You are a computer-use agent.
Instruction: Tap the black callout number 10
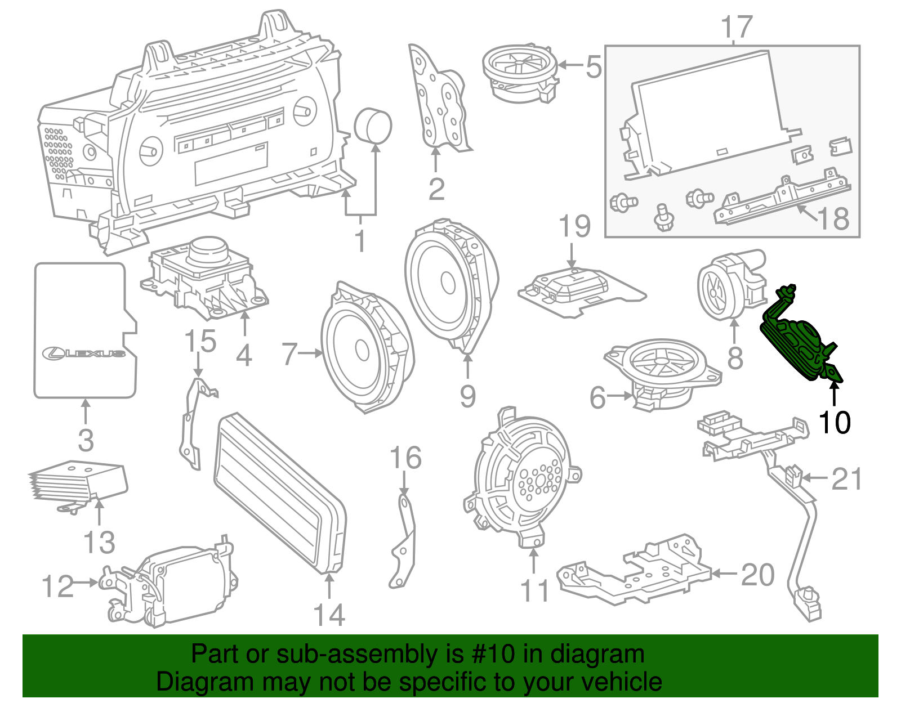click(834, 422)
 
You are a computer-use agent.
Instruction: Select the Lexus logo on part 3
click(84, 353)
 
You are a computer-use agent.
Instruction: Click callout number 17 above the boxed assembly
click(737, 27)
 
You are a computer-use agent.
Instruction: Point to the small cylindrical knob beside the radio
click(373, 125)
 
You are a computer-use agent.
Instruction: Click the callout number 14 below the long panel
click(329, 615)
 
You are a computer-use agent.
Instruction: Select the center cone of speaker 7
click(362, 351)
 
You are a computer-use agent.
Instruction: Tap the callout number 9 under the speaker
click(467, 396)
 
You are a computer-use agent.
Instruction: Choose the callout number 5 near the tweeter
click(594, 67)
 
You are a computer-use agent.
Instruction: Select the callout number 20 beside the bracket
click(757, 575)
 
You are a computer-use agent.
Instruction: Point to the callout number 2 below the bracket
click(436, 189)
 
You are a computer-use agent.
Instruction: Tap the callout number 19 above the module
click(574, 226)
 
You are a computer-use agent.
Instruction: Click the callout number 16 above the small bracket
click(405, 458)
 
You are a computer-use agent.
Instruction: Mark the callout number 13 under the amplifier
click(99, 543)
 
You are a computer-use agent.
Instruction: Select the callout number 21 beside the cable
click(846, 479)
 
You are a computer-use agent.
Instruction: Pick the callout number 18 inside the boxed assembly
click(833, 218)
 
